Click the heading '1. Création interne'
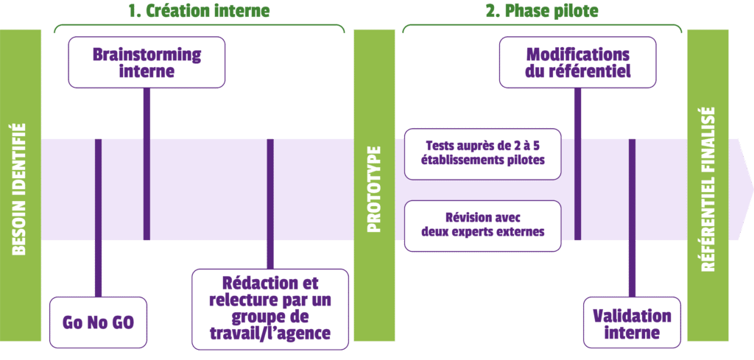coord(199,10)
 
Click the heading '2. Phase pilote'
coord(542,10)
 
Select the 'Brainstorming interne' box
coord(147,63)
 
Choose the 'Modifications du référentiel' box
coord(577,63)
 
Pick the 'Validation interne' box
coord(632,323)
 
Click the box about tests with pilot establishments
coord(483,154)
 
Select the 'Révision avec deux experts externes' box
coord(483,226)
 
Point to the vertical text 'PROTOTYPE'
coord(374,189)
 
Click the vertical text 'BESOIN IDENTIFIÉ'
coord(18,189)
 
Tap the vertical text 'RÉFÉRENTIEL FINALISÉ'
coord(708,189)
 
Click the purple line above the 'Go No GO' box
coord(98,218)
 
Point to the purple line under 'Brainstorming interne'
coord(147,164)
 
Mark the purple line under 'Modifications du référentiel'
coord(577,164)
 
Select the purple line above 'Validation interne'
coord(632,218)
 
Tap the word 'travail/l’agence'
coord(270,333)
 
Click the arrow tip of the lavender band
coord(753,189)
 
